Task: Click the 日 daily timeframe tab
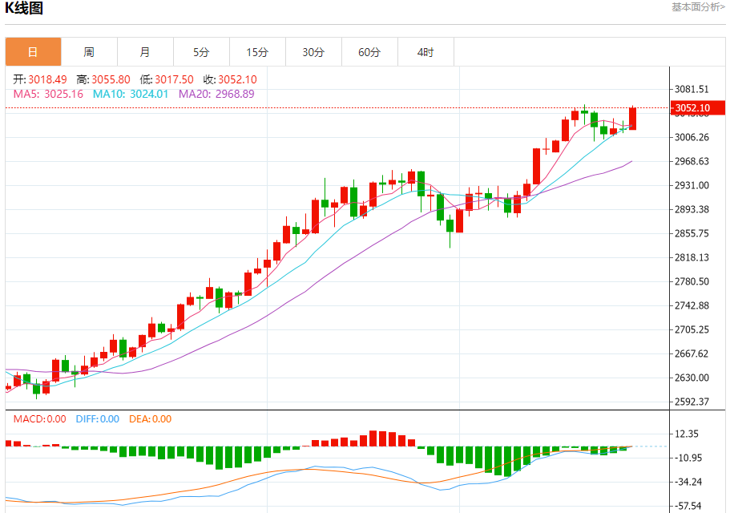tap(33, 52)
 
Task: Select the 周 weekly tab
tap(89, 52)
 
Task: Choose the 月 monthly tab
tap(145, 52)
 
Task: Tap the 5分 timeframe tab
tap(201, 52)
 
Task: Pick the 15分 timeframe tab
tap(257, 52)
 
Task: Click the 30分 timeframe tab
tap(313, 52)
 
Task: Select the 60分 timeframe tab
tap(369, 52)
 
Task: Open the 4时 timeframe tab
tap(425, 52)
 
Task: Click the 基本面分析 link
tap(697, 7)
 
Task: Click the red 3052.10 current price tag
tap(692, 108)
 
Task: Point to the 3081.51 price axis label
tap(691, 89)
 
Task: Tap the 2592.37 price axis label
tap(691, 402)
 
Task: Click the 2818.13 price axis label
tap(691, 257)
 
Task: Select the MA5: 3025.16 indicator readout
tap(48, 94)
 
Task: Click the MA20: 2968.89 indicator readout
tap(216, 94)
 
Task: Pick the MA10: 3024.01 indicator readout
tap(131, 94)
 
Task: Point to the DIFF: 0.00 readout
tap(97, 418)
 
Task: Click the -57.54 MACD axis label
tap(690, 506)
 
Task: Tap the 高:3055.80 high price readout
tap(103, 79)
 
